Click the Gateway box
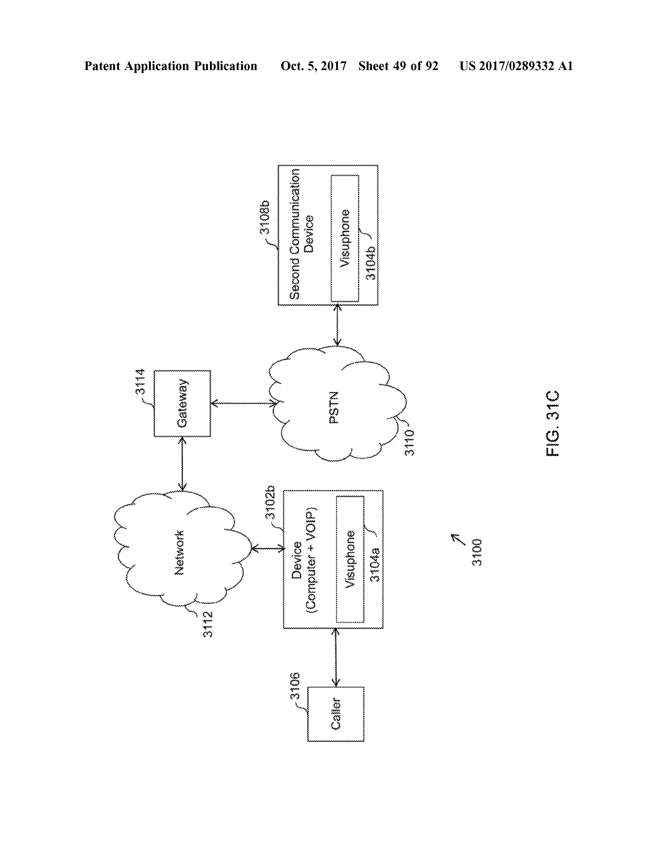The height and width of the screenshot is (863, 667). (x=182, y=403)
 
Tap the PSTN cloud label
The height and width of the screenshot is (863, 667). (x=334, y=407)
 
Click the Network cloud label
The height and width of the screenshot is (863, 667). (x=179, y=552)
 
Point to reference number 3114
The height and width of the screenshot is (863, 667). (x=140, y=382)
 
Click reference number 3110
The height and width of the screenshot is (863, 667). (x=410, y=443)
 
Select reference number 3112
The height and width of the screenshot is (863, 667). (x=208, y=624)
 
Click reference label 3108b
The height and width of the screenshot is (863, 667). (x=264, y=217)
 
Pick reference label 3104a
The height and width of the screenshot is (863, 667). (x=375, y=565)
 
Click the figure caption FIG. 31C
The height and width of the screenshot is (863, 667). (x=552, y=424)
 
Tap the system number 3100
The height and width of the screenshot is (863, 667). (x=477, y=552)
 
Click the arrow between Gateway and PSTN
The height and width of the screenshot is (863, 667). (x=243, y=403)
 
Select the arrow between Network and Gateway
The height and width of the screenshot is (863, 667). (x=182, y=463)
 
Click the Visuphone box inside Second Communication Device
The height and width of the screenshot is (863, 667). (x=345, y=238)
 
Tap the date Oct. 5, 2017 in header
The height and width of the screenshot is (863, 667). (x=313, y=66)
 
